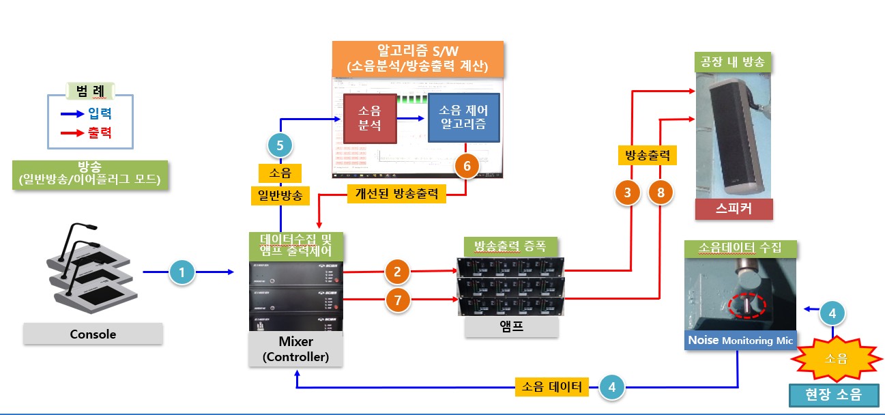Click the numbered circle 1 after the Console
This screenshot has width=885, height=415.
tap(182, 273)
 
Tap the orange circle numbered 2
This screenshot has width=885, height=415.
tap(397, 272)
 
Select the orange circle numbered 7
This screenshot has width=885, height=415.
tap(397, 300)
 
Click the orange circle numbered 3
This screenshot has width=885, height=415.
tap(628, 193)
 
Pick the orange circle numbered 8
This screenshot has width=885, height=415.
tap(661, 193)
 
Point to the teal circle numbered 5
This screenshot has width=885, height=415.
tap(280, 145)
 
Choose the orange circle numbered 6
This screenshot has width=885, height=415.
tap(467, 164)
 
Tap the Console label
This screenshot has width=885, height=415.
tap(93, 334)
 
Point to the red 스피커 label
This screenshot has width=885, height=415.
tap(734, 209)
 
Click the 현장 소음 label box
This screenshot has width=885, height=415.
tap(833, 395)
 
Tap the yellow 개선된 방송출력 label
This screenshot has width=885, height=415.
tap(396, 194)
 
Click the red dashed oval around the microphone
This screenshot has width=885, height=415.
tap(745, 305)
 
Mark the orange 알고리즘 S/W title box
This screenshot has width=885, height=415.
tap(418, 58)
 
